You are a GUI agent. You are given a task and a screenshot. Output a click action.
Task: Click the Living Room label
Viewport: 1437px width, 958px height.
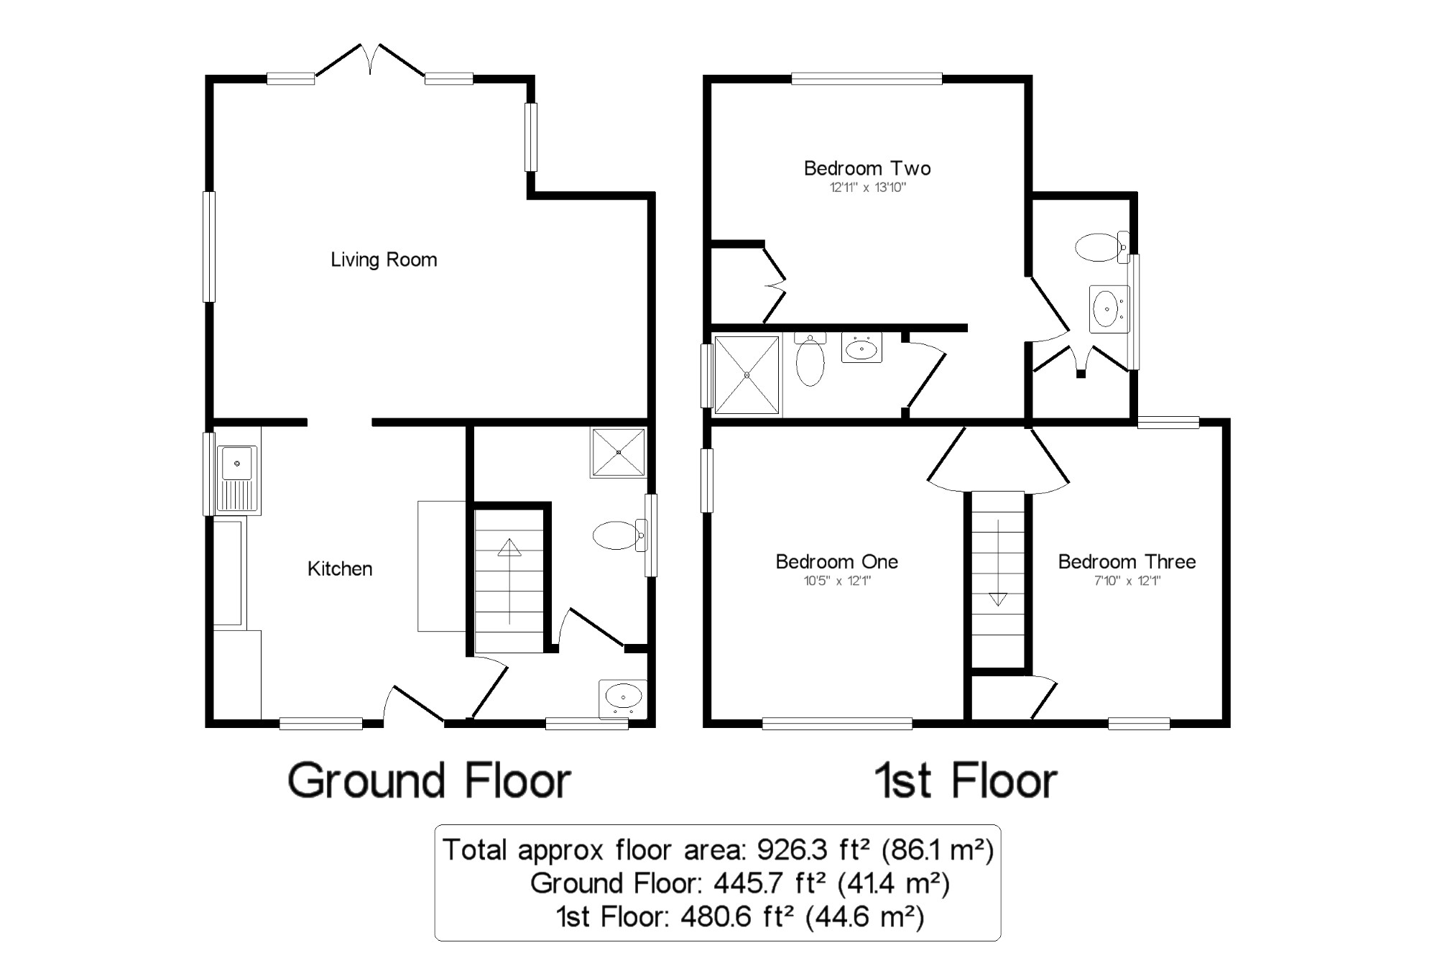click(x=384, y=259)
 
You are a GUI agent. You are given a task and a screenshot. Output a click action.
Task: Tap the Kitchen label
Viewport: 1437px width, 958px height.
click(x=340, y=568)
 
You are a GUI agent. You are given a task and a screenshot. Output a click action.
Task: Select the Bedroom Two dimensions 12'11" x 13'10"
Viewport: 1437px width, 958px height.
click(x=868, y=188)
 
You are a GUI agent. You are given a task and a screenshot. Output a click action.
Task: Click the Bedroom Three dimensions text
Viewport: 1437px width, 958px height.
click(x=1127, y=581)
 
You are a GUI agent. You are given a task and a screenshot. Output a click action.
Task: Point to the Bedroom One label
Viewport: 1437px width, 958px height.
click(x=836, y=561)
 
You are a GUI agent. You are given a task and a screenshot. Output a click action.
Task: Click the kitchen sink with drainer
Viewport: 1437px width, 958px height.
click(x=237, y=478)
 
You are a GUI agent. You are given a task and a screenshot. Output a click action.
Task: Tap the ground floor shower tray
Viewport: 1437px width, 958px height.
click(x=618, y=452)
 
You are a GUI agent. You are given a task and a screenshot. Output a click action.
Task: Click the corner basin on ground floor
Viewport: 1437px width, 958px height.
click(x=622, y=697)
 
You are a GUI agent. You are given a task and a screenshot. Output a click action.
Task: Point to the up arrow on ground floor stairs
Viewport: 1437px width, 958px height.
click(x=509, y=548)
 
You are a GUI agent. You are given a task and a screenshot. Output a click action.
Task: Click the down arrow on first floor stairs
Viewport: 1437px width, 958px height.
click(x=998, y=598)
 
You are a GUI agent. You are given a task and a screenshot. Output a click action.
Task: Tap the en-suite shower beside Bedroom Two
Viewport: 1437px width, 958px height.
click(x=747, y=374)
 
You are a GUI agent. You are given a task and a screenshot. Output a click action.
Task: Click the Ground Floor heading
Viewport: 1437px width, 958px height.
click(x=429, y=781)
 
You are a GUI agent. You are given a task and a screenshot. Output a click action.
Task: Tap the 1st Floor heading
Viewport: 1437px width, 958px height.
click(x=965, y=781)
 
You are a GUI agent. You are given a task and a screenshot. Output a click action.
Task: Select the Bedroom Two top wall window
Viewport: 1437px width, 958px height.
click(x=867, y=78)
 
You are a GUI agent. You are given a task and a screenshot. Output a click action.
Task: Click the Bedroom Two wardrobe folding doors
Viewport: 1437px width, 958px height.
click(x=775, y=285)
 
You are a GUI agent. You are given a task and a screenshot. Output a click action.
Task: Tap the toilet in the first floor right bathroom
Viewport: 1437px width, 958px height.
click(x=1100, y=247)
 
